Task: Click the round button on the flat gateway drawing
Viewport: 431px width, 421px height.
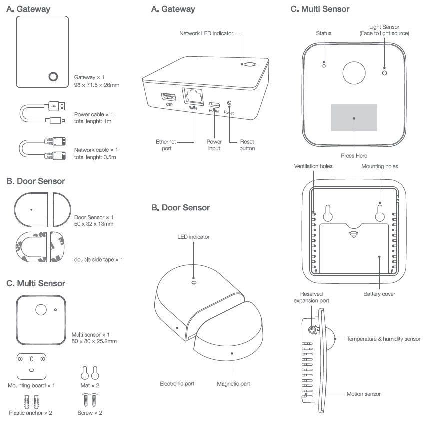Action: point(53,76)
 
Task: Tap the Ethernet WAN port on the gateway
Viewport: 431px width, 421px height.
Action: point(193,97)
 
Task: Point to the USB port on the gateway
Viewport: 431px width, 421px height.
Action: point(168,97)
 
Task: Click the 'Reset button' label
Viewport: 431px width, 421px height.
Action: point(247,145)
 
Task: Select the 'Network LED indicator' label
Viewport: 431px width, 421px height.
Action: point(206,33)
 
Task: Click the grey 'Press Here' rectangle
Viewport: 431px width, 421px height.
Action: point(354,117)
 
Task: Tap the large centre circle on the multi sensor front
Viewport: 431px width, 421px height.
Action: point(354,73)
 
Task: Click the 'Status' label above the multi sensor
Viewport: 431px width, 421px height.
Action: point(324,33)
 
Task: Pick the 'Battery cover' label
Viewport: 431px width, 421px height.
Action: point(379,294)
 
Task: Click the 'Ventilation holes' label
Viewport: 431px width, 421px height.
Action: point(313,166)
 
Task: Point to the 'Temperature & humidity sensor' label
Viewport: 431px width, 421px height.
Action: point(384,339)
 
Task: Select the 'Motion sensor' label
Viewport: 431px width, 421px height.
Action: point(364,394)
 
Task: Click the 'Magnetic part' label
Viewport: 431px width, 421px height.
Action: point(233,384)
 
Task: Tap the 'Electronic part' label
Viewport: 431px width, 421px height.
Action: point(177,384)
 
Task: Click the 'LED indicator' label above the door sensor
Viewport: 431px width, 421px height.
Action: point(193,237)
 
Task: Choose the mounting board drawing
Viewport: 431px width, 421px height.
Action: point(31,366)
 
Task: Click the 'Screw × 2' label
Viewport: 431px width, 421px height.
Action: point(90,413)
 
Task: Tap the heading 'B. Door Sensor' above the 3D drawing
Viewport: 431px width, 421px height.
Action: point(181,207)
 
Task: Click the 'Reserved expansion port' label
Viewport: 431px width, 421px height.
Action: point(311,297)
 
